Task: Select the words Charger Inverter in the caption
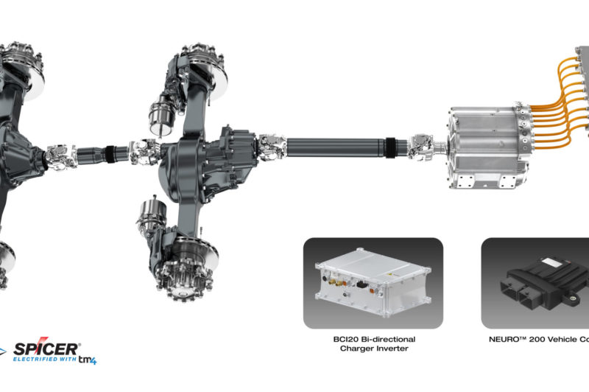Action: click(x=373, y=350)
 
